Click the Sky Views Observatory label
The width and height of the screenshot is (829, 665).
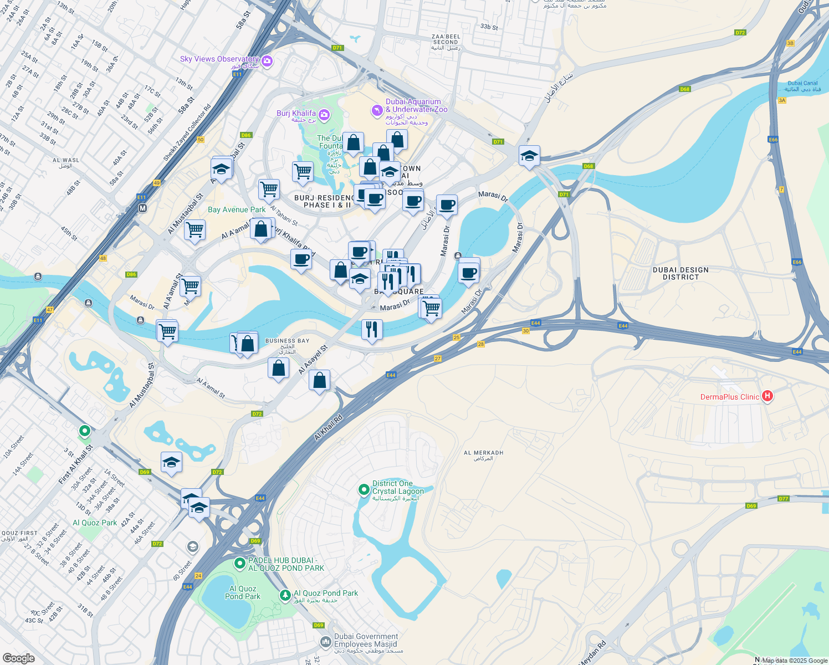pyautogui.click(x=219, y=59)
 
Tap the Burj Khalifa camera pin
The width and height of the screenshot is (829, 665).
pyautogui.click(x=324, y=115)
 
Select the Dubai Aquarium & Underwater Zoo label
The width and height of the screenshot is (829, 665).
pyautogui.click(x=413, y=105)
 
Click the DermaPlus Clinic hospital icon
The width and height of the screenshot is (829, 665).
pyautogui.click(x=767, y=396)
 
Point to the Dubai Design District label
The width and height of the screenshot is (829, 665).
pyautogui.click(x=680, y=273)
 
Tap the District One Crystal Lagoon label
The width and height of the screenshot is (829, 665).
pyautogui.click(x=398, y=487)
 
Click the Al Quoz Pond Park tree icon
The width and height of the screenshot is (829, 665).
pyautogui.click(x=285, y=595)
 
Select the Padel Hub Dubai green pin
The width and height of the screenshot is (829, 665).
pyautogui.click(x=239, y=564)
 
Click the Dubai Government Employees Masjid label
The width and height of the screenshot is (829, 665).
pyautogui.click(x=366, y=641)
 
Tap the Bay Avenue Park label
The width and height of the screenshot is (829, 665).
pyautogui.click(x=237, y=209)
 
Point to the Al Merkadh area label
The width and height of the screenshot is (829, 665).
pyautogui.click(x=483, y=453)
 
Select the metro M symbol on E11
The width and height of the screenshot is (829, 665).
pyautogui.click(x=142, y=208)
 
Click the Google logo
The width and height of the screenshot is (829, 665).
pyautogui.click(x=18, y=658)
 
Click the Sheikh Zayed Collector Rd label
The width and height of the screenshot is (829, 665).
pyautogui.click(x=187, y=134)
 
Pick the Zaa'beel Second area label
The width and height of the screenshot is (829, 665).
pyautogui.click(x=446, y=39)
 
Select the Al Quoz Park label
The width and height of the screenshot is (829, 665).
pyautogui.click(x=95, y=523)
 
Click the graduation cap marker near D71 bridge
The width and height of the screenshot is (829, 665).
pyautogui.click(x=529, y=156)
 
